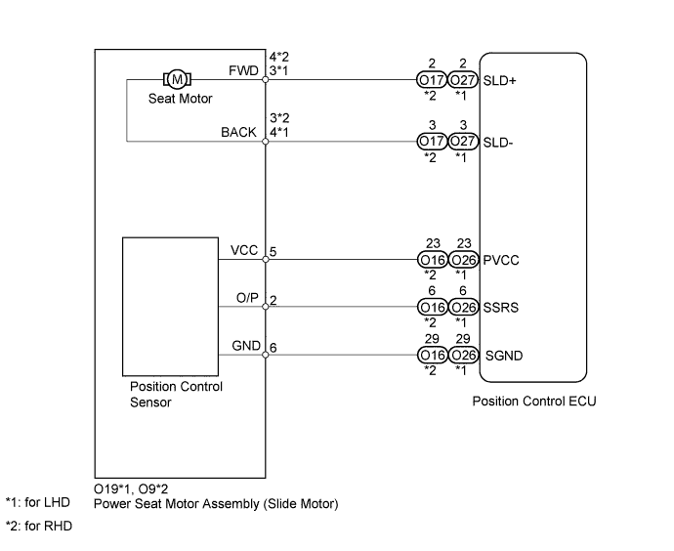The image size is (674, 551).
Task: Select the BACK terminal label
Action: [239, 133]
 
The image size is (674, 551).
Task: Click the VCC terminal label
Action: [244, 251]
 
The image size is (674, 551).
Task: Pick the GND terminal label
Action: [244, 345]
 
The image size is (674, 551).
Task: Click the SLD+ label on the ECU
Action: [500, 81]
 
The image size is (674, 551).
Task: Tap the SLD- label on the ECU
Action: [498, 142]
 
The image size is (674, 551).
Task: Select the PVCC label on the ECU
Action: [500, 261]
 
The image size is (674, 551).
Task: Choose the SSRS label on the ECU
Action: [500, 307]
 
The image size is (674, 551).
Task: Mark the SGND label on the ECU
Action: [503, 355]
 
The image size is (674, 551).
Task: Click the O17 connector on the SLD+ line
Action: [431, 81]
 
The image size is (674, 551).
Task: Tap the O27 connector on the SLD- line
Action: [463, 142]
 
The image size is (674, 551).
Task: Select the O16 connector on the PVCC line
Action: [431, 261]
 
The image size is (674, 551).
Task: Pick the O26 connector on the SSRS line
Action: [463, 307]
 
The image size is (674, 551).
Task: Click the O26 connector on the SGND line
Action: [463, 355]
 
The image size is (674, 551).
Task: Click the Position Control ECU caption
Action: [533, 402]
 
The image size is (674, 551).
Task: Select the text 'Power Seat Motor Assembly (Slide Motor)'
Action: [216, 505]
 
